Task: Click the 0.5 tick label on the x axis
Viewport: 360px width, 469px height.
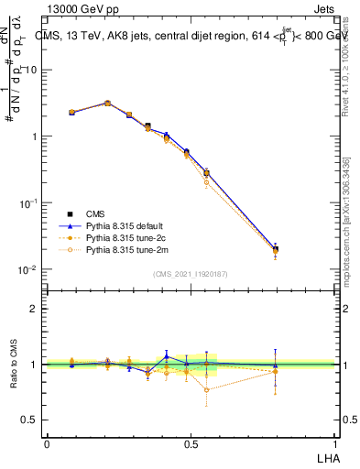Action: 191,444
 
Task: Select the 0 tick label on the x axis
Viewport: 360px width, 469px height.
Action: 47,444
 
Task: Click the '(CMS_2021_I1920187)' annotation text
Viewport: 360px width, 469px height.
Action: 191,274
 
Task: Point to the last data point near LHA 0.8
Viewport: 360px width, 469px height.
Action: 276,249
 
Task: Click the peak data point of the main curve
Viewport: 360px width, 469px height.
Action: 107,104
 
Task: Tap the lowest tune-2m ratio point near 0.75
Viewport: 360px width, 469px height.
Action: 207,389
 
